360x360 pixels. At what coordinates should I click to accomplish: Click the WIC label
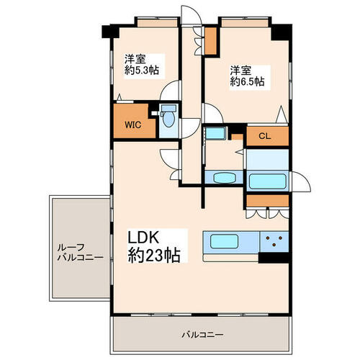point(132,125)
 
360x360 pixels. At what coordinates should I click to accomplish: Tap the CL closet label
point(265,136)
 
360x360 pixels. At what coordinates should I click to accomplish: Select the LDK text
point(143,238)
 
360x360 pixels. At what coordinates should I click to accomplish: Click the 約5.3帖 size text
point(142,70)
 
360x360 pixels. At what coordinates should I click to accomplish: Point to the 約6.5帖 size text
point(248,82)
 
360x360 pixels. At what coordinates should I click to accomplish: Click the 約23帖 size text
point(154,255)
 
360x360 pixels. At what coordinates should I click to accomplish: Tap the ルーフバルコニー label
point(81,252)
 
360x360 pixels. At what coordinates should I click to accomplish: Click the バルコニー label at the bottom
point(202,334)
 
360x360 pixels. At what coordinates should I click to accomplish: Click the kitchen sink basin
point(225,241)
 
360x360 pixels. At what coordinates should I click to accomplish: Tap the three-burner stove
point(274,241)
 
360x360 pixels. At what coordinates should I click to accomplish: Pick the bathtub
point(268,181)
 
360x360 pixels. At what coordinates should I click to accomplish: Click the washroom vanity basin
point(224,178)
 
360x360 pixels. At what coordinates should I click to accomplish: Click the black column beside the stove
point(274,258)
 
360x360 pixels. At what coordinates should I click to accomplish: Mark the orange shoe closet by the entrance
point(210,41)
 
